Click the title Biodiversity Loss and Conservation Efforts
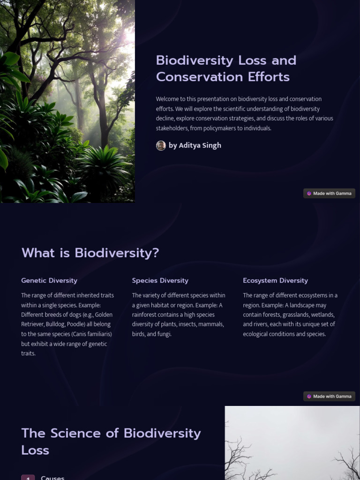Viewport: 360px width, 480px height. pyautogui.click(x=226, y=68)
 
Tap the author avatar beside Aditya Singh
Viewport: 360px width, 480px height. pyautogui.click(x=161, y=145)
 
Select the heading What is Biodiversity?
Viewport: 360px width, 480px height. pyautogui.click(x=90, y=253)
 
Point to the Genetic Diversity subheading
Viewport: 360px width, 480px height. pyautogui.click(x=49, y=280)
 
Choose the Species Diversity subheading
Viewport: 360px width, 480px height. pyautogui.click(x=160, y=280)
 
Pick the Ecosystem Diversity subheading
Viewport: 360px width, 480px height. pyautogui.click(x=275, y=280)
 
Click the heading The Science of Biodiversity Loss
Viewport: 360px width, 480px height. pyautogui.click(x=111, y=442)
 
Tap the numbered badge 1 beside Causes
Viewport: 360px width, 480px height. pyautogui.click(x=28, y=478)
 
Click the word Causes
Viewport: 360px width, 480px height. pyautogui.click(x=52, y=478)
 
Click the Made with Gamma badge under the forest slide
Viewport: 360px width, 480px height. pyautogui.click(x=329, y=194)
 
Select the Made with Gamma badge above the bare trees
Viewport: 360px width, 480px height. pyautogui.click(x=329, y=397)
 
